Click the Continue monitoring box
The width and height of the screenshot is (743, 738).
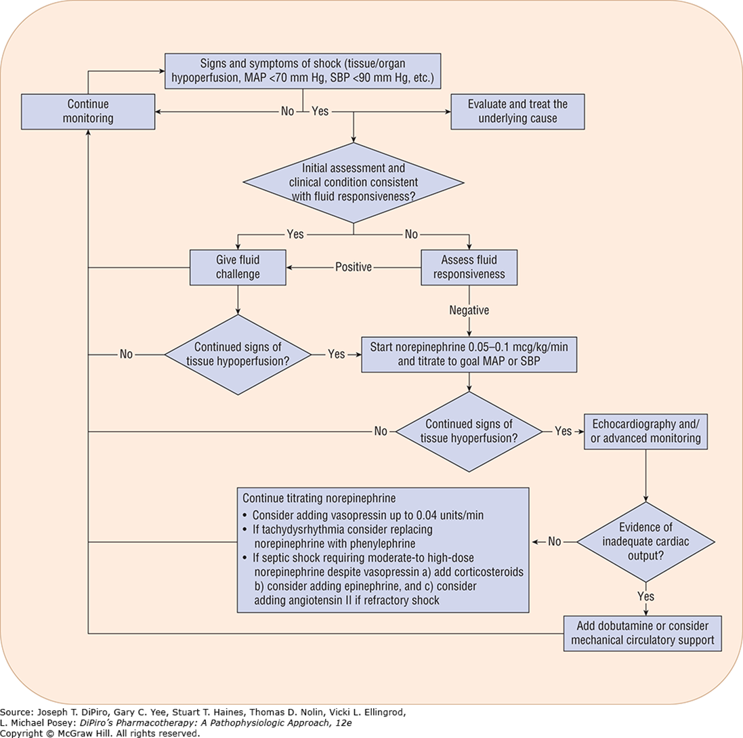tap(89, 112)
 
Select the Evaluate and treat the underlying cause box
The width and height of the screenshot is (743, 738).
tap(517, 112)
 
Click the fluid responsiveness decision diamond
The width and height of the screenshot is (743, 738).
tap(353, 182)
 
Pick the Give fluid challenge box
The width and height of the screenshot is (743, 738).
tap(238, 266)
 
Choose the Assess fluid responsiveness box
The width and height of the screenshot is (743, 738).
tap(469, 266)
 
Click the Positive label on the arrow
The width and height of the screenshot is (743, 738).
tap(354, 267)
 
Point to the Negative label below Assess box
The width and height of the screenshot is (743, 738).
tap(469, 310)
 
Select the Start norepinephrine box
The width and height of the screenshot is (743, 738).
tap(469, 354)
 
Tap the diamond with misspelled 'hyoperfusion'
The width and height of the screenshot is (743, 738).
tap(469, 432)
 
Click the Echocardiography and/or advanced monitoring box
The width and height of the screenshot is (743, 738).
tap(645, 432)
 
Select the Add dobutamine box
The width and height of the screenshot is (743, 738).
tap(643, 633)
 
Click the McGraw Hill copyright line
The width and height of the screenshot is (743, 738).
tap(100, 733)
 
